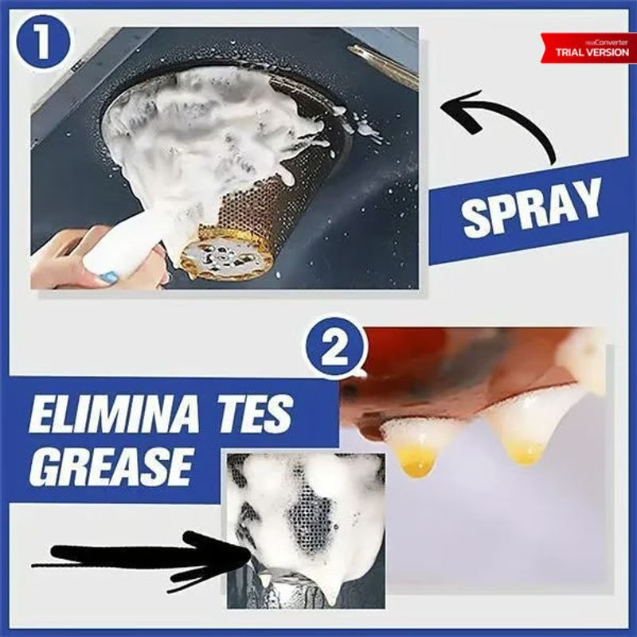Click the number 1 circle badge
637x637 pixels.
[x=44, y=42]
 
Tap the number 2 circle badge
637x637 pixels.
[x=334, y=348]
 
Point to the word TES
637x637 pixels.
[x=253, y=412]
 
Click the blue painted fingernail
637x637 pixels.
[x=108, y=276]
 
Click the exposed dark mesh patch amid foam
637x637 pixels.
[x=310, y=518]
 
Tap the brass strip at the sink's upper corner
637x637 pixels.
[x=383, y=66]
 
